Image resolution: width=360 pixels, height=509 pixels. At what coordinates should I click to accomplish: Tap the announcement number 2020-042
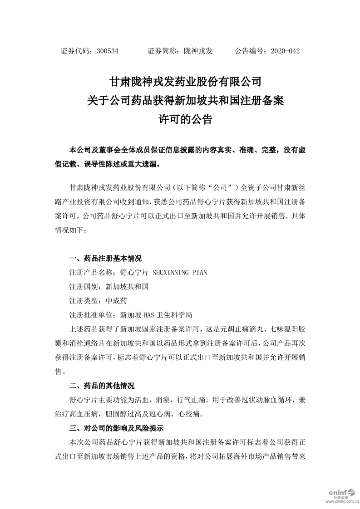click(x=285, y=51)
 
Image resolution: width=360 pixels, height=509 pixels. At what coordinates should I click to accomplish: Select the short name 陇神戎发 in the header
click(x=197, y=51)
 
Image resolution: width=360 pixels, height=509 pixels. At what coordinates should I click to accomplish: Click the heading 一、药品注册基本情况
click(x=105, y=259)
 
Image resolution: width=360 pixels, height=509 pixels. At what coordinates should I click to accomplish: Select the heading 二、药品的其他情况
click(x=101, y=386)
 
